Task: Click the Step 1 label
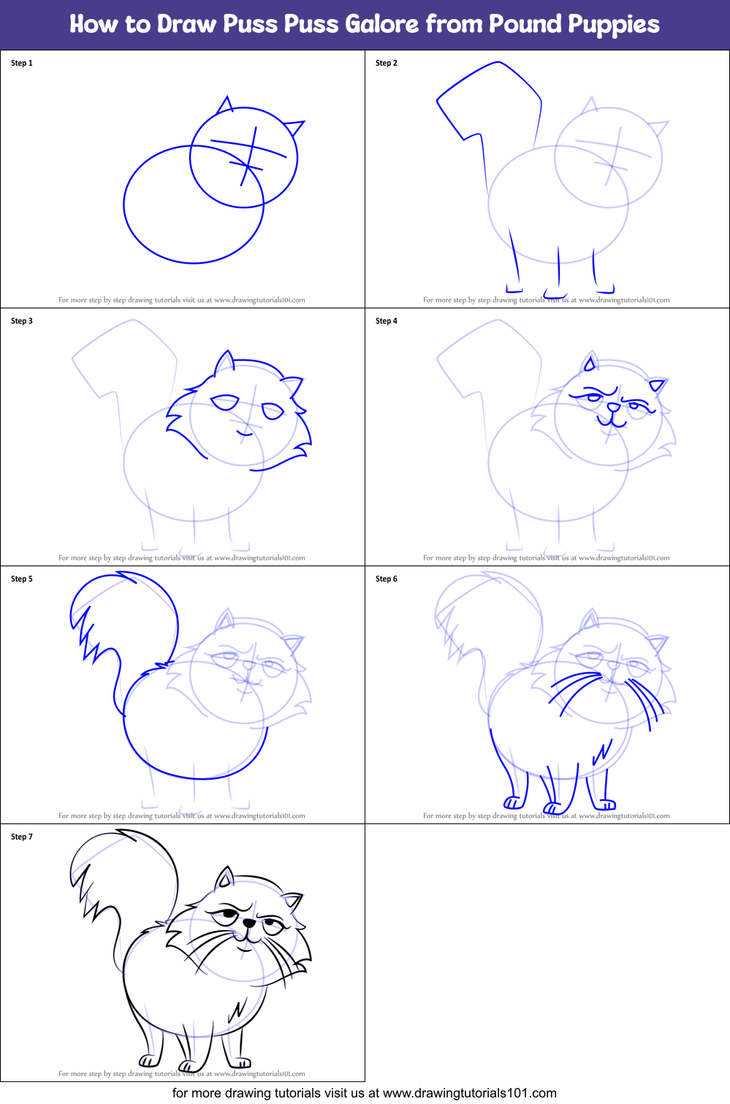[22, 64]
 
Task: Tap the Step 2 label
[387, 64]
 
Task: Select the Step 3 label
[22, 321]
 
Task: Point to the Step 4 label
[387, 321]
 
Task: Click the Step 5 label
[22, 579]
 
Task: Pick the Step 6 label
[387, 579]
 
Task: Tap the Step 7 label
[22, 837]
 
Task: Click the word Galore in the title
[381, 24]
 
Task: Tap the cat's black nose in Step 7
[249, 924]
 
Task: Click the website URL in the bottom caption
[469, 1094]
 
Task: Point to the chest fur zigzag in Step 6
[604, 753]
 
